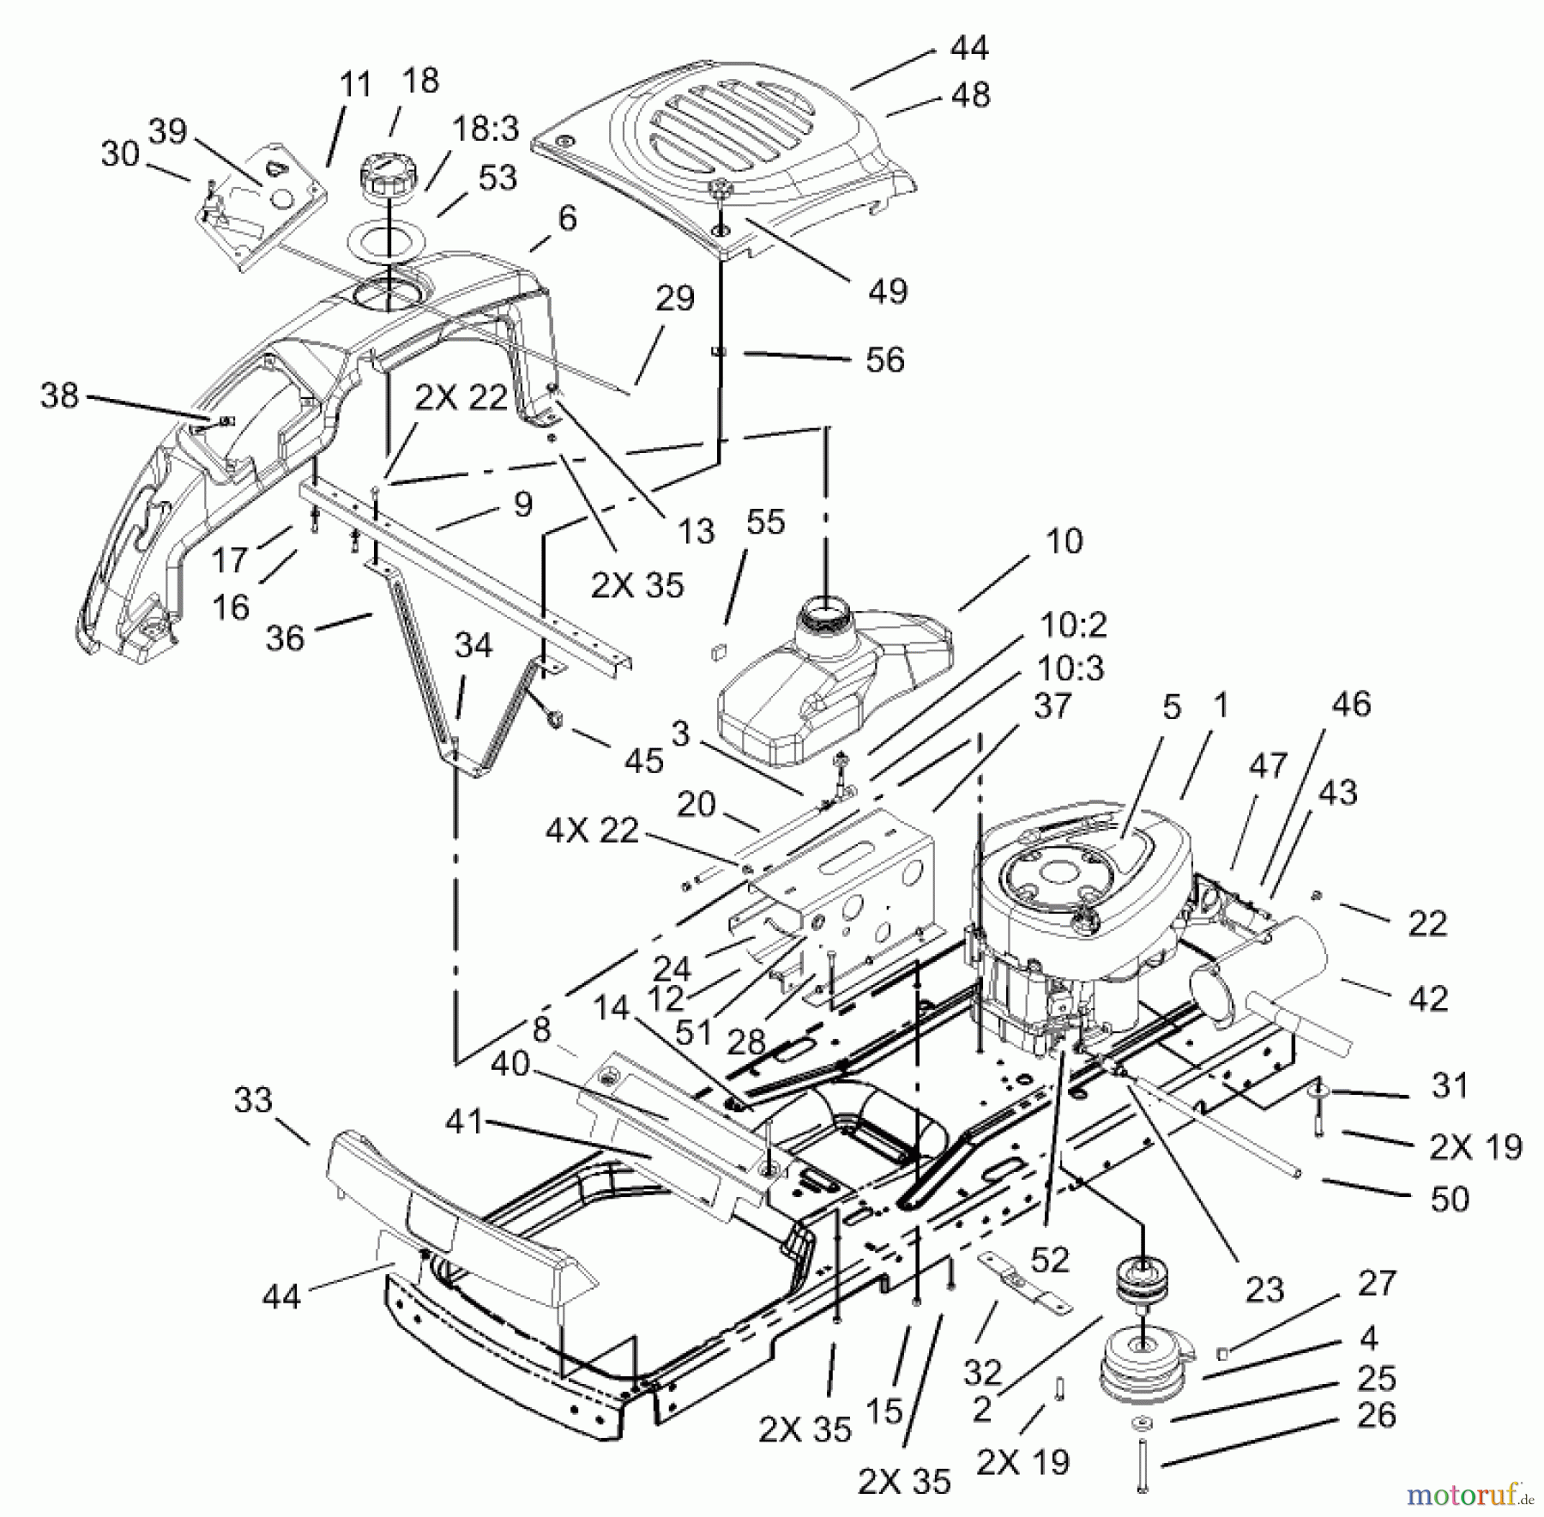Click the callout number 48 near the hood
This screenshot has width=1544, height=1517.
[970, 96]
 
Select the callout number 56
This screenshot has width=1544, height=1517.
[885, 360]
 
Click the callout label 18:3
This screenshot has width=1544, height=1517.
[486, 130]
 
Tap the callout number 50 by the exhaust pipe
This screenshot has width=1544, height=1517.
[1450, 1199]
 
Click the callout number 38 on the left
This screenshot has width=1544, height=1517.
[59, 396]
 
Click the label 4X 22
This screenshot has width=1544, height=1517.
[591, 831]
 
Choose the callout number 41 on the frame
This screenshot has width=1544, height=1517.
[465, 1121]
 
